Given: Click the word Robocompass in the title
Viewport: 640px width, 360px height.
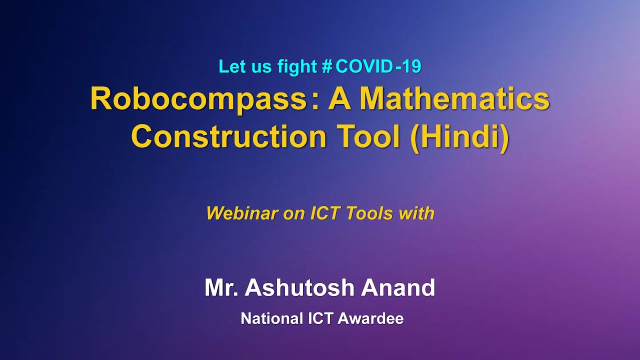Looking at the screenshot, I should [197, 99].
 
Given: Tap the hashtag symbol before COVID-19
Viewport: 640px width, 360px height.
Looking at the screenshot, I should [327, 66].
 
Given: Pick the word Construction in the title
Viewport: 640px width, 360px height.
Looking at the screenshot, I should [228, 136].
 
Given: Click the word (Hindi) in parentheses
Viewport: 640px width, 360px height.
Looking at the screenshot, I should [459, 136].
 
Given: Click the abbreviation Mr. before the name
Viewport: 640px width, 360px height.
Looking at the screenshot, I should [221, 288].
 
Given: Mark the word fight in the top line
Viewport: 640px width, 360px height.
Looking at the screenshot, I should [297, 66].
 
